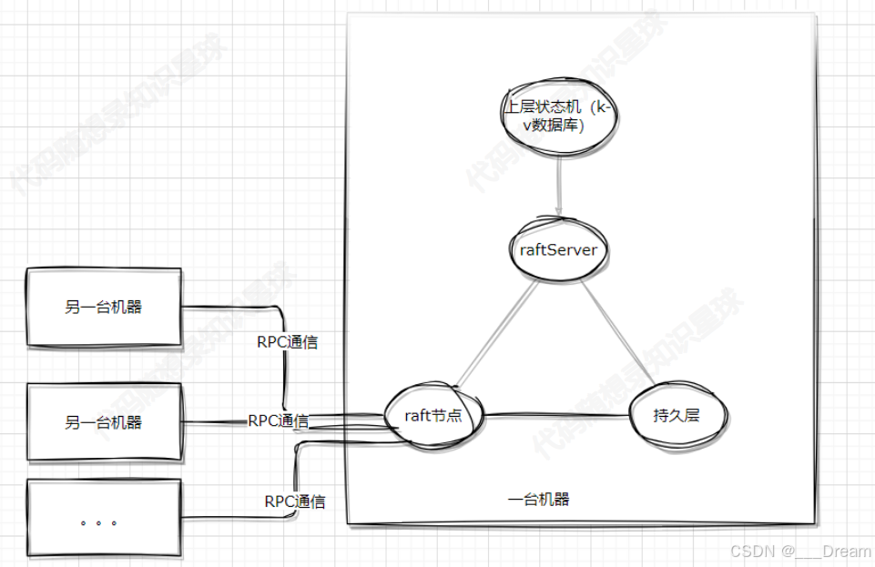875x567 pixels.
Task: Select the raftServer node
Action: [558, 249]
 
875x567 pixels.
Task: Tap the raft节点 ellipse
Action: [432, 416]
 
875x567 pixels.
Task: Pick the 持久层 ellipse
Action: [677, 416]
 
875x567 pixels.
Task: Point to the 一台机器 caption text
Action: [539, 500]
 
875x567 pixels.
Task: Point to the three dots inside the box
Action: [98, 523]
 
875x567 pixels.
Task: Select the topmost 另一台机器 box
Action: [104, 308]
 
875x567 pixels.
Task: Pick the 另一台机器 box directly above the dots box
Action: [104, 422]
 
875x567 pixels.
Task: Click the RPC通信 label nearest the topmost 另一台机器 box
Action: [288, 342]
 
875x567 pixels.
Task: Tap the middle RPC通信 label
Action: [278, 420]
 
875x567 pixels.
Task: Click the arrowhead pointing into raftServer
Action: [559, 211]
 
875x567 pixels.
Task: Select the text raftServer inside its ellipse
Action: [558, 249]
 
